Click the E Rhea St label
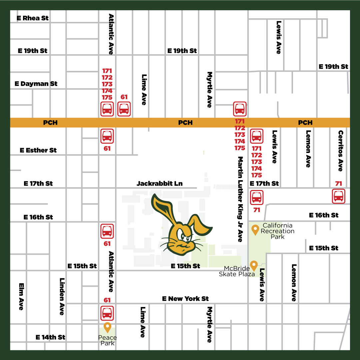(33, 18)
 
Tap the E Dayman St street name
(36, 84)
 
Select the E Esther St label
(38, 150)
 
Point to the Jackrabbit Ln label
(160, 183)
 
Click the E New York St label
(185, 299)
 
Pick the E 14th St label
(50, 337)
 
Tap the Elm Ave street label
(21, 296)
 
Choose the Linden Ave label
(62, 296)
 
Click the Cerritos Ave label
(340, 151)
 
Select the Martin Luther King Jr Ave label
(240, 199)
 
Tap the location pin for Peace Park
(107, 327)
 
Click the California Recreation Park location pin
(255, 230)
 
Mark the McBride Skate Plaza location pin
(254, 265)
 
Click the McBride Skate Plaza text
(237, 271)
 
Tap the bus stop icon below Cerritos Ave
(339, 196)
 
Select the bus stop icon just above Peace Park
(107, 313)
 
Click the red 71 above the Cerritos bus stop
(339, 184)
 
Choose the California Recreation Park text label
(278, 231)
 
